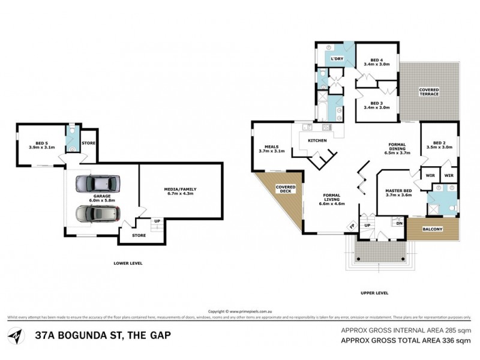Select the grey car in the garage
[x=97, y=184]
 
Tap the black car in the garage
[x=97, y=213]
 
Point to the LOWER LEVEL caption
[x=128, y=263]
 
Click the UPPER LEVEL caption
[x=375, y=293]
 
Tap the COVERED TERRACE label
[x=429, y=92]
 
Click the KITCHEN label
[x=317, y=140]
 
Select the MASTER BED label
[x=398, y=192]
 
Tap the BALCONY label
[x=433, y=229]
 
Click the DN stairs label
[x=399, y=223]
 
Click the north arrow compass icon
[x=16, y=333]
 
